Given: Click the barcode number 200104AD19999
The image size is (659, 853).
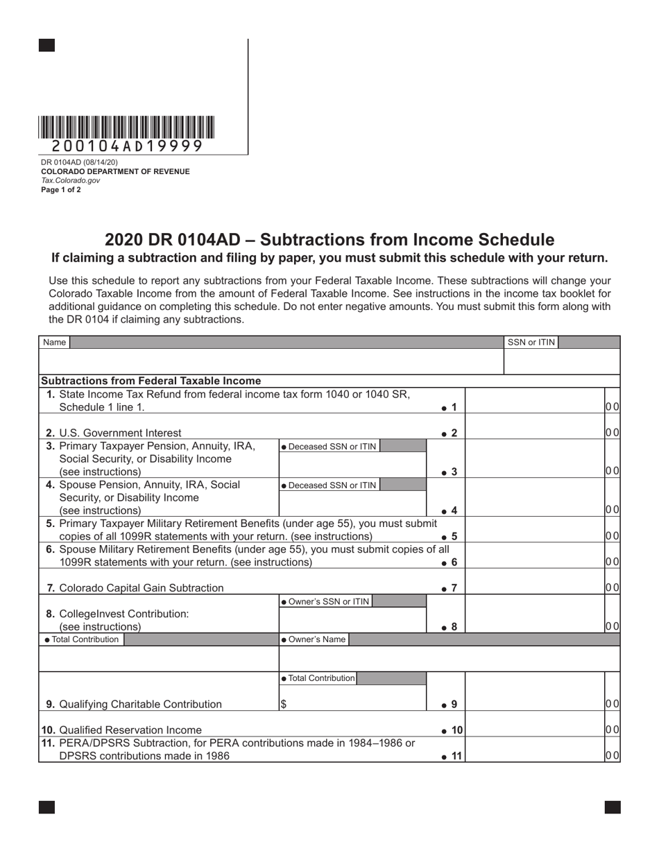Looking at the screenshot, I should tap(127, 146).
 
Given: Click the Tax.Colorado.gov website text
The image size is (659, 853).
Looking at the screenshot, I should tap(70, 180).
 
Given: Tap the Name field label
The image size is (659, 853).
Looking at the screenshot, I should tap(55, 342).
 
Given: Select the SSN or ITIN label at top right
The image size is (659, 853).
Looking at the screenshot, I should tap(531, 342).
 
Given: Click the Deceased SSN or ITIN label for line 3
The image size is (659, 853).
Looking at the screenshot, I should tap(329, 447).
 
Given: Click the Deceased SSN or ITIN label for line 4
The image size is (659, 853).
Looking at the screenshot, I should tap(329, 485).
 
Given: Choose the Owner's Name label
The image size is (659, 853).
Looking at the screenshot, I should tap(313, 639).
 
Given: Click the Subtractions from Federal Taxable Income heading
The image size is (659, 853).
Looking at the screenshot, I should tap(151, 381).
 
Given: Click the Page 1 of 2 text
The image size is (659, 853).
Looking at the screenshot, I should tap(61, 189).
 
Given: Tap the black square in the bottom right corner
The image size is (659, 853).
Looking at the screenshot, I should tap(613, 807).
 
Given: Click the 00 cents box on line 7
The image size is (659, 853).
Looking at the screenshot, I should tap(612, 588).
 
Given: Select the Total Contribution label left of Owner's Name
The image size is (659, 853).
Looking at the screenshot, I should tap(81, 639).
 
